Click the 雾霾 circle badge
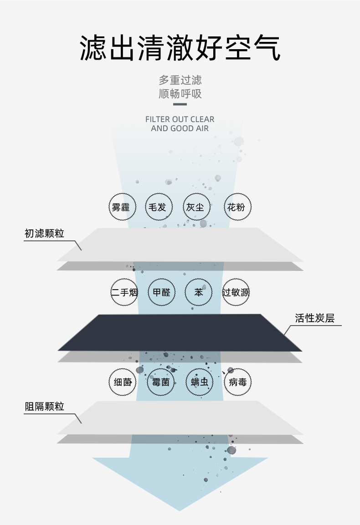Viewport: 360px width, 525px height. [121, 207]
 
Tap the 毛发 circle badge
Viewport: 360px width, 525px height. [159, 207]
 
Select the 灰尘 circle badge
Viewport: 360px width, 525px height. [196, 207]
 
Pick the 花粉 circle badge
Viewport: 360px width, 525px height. [238, 207]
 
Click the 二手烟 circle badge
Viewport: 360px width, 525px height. [124, 292]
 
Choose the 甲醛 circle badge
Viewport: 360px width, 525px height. [161, 292]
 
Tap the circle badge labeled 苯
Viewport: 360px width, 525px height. [199, 292]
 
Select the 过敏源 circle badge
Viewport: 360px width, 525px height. [236, 292]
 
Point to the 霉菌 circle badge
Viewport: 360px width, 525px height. [160, 382]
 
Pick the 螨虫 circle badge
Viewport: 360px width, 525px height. [200, 382]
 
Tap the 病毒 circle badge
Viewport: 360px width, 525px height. [238, 382]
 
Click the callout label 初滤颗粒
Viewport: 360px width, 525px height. [44, 234]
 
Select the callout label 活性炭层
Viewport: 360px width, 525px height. [314, 318]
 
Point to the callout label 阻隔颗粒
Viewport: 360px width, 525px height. [44, 407]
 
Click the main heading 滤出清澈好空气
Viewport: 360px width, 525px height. [180, 48]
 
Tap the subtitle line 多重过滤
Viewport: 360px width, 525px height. [180, 81]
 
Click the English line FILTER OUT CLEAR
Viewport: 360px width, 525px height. [180, 119]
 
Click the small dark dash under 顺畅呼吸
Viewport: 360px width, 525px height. [180, 105]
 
